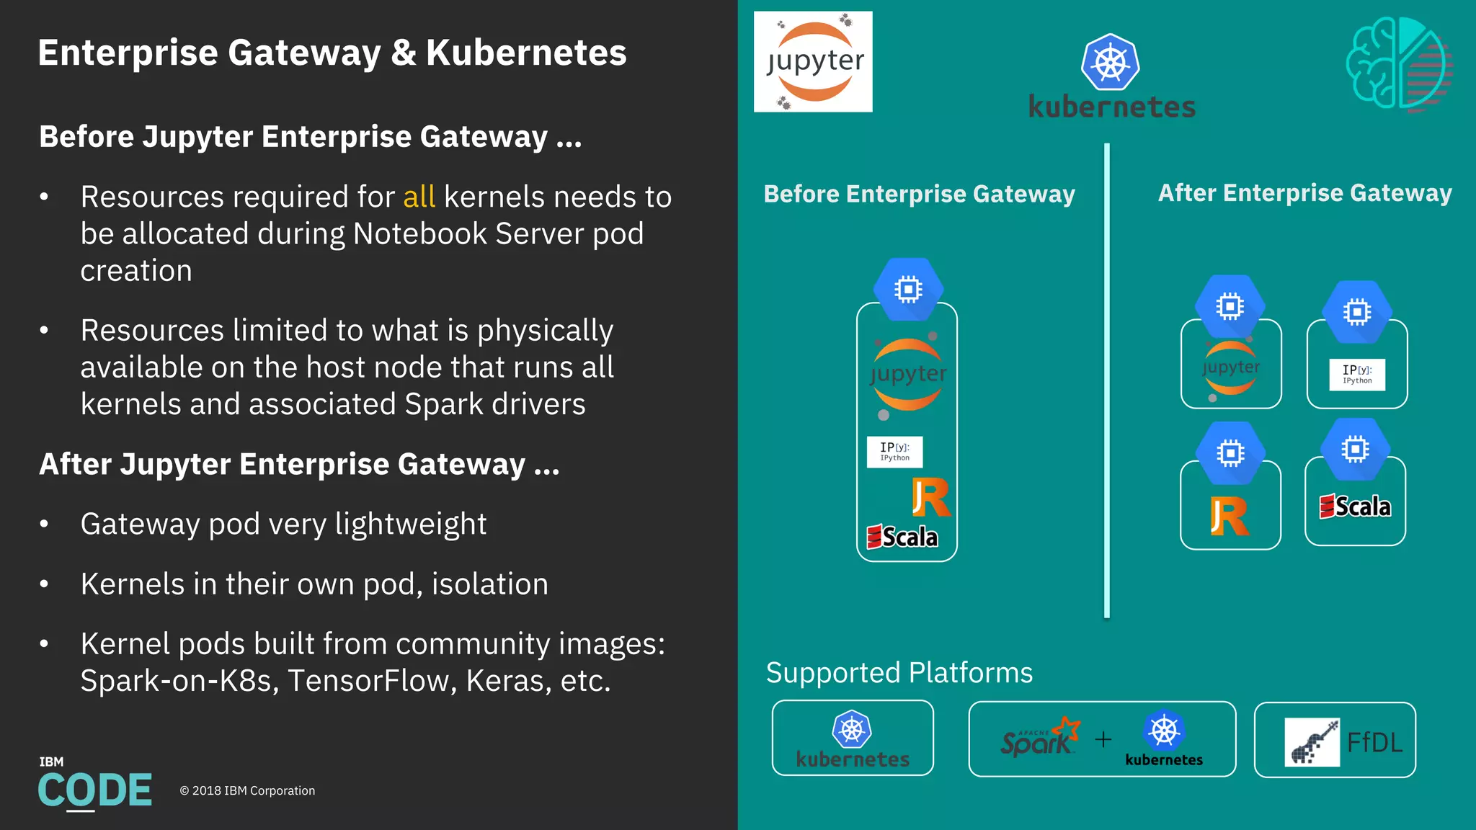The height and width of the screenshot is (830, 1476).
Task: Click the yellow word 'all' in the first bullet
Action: tap(419, 197)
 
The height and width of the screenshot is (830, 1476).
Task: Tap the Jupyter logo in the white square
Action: tap(813, 62)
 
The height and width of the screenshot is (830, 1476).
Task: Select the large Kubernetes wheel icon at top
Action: tap(1110, 62)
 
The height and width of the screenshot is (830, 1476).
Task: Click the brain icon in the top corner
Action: tap(1397, 64)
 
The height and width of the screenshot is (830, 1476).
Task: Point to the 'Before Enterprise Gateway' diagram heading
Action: tap(919, 194)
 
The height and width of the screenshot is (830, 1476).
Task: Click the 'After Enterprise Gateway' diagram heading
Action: tap(1304, 192)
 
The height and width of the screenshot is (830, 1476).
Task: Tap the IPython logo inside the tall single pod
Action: tap(894, 452)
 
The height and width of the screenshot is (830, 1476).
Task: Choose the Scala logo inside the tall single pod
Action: tap(902, 537)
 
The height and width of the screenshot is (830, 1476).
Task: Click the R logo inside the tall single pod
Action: tap(931, 497)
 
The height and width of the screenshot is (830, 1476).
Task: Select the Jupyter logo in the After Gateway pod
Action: tap(1231, 368)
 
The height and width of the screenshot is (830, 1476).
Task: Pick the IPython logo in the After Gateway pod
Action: tap(1357, 374)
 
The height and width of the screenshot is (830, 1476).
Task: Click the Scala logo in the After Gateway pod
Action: tap(1355, 507)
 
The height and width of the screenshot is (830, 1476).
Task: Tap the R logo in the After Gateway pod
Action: tap(1230, 516)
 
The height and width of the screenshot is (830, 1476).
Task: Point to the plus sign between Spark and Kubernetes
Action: tap(1103, 739)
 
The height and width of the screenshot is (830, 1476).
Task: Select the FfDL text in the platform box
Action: tap(1374, 742)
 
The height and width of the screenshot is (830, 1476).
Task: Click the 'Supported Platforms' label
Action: tap(899, 672)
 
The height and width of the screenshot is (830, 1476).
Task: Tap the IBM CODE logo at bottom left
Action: tap(94, 785)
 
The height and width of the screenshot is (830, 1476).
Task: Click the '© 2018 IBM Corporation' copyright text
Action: tap(247, 790)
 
